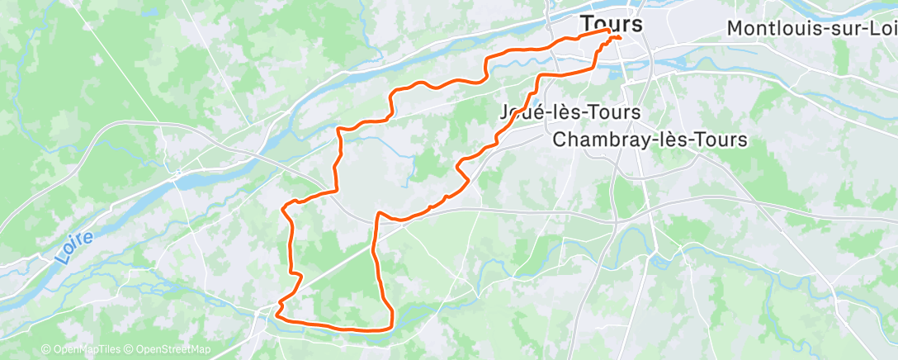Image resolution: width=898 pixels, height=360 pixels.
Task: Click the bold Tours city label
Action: pos(611,23)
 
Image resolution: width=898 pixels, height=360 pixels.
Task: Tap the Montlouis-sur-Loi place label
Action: pos(811,28)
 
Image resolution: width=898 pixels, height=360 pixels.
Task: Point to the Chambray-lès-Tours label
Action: pos(650,139)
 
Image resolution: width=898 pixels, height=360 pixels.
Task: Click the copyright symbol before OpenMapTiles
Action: pos(46,350)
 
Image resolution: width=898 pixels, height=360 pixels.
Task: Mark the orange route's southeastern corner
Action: pos(390,327)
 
